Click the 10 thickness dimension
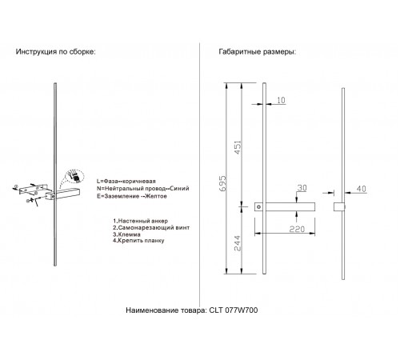281,101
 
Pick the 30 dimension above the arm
302,188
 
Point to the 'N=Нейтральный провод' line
142,189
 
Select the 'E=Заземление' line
135,197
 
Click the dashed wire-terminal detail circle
76,175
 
